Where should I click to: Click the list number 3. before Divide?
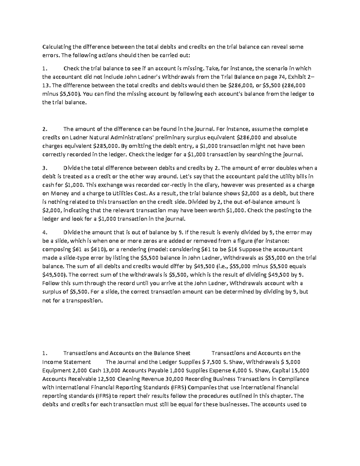(45, 168)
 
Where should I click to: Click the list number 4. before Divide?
(45, 232)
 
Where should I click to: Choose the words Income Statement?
(67, 362)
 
